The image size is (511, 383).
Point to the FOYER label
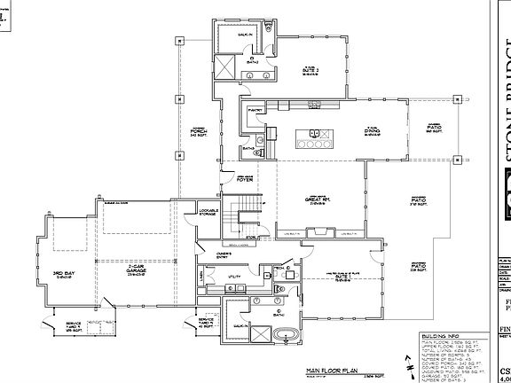click(245, 180)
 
